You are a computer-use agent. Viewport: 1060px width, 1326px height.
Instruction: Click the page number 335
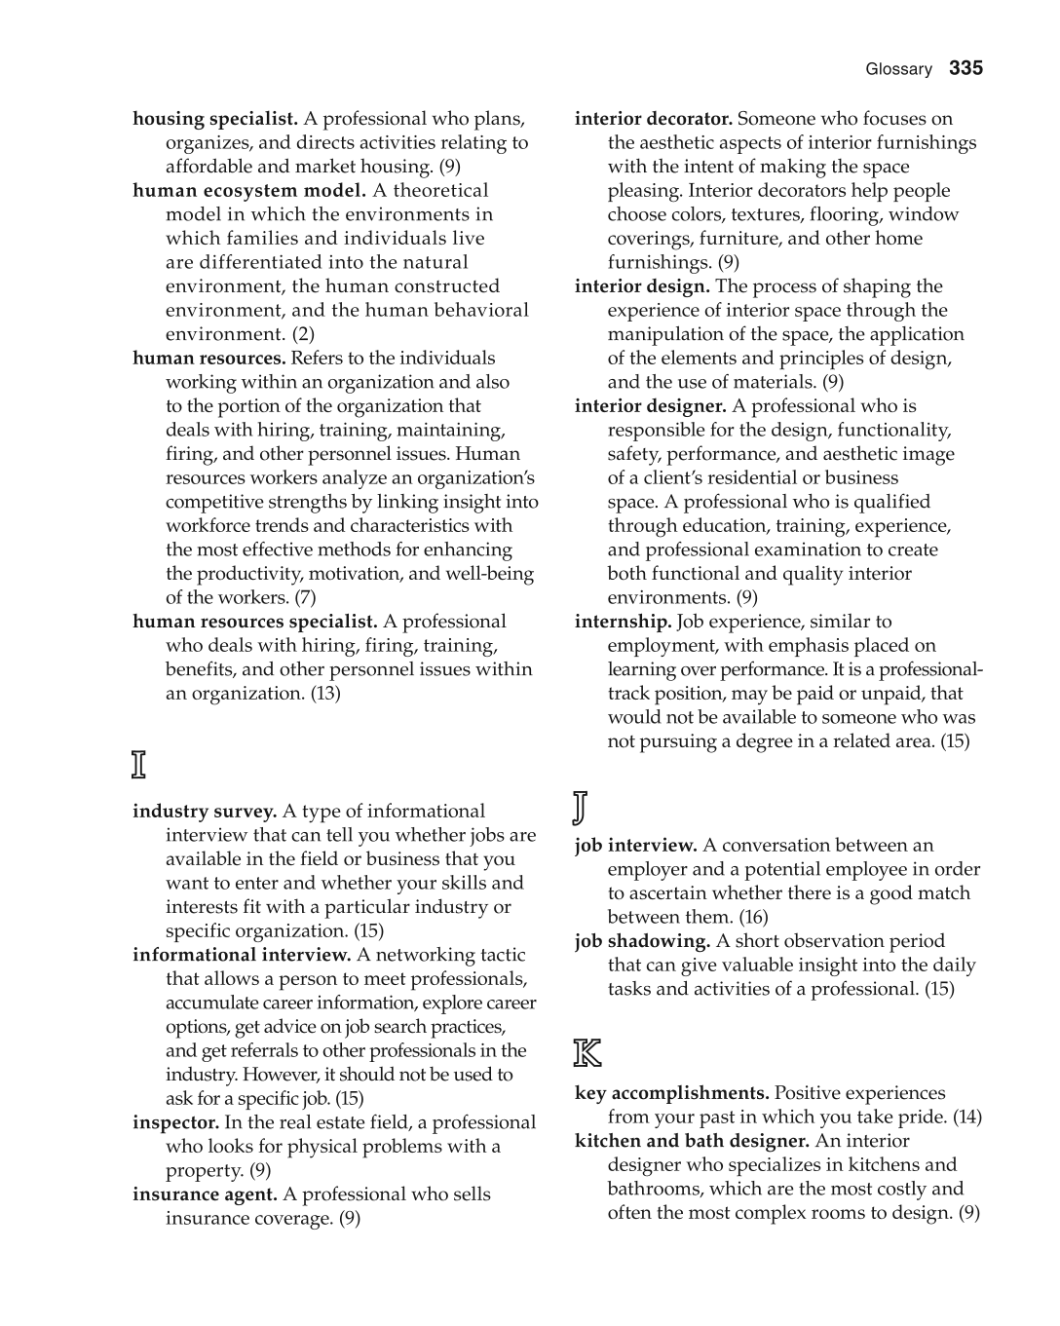965,68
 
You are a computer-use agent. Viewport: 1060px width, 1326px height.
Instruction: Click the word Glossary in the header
898,69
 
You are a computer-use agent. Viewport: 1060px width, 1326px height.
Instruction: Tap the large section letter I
139,765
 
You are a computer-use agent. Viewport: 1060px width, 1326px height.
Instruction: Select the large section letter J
580,807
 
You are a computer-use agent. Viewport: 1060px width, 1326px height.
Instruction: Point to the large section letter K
587,1052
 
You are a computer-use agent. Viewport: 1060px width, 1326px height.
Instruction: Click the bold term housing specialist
215,119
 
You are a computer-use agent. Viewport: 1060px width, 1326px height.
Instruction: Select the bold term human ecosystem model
249,191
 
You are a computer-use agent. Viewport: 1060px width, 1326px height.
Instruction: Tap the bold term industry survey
205,812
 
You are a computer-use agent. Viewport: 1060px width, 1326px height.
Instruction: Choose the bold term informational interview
242,955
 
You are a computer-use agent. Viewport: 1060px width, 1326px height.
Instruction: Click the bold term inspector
175,1122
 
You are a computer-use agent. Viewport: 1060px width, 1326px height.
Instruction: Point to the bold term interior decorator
653,119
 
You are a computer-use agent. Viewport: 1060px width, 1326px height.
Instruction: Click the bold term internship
623,622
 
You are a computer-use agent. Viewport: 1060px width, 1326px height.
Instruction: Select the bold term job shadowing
642,941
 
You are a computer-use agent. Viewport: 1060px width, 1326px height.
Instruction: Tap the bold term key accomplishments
671,1093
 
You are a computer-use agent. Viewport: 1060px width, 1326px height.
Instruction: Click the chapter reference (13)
325,694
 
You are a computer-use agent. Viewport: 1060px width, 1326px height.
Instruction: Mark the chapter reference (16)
753,917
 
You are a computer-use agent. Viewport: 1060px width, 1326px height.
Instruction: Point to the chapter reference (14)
967,1117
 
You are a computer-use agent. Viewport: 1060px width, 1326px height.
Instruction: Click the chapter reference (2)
303,334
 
